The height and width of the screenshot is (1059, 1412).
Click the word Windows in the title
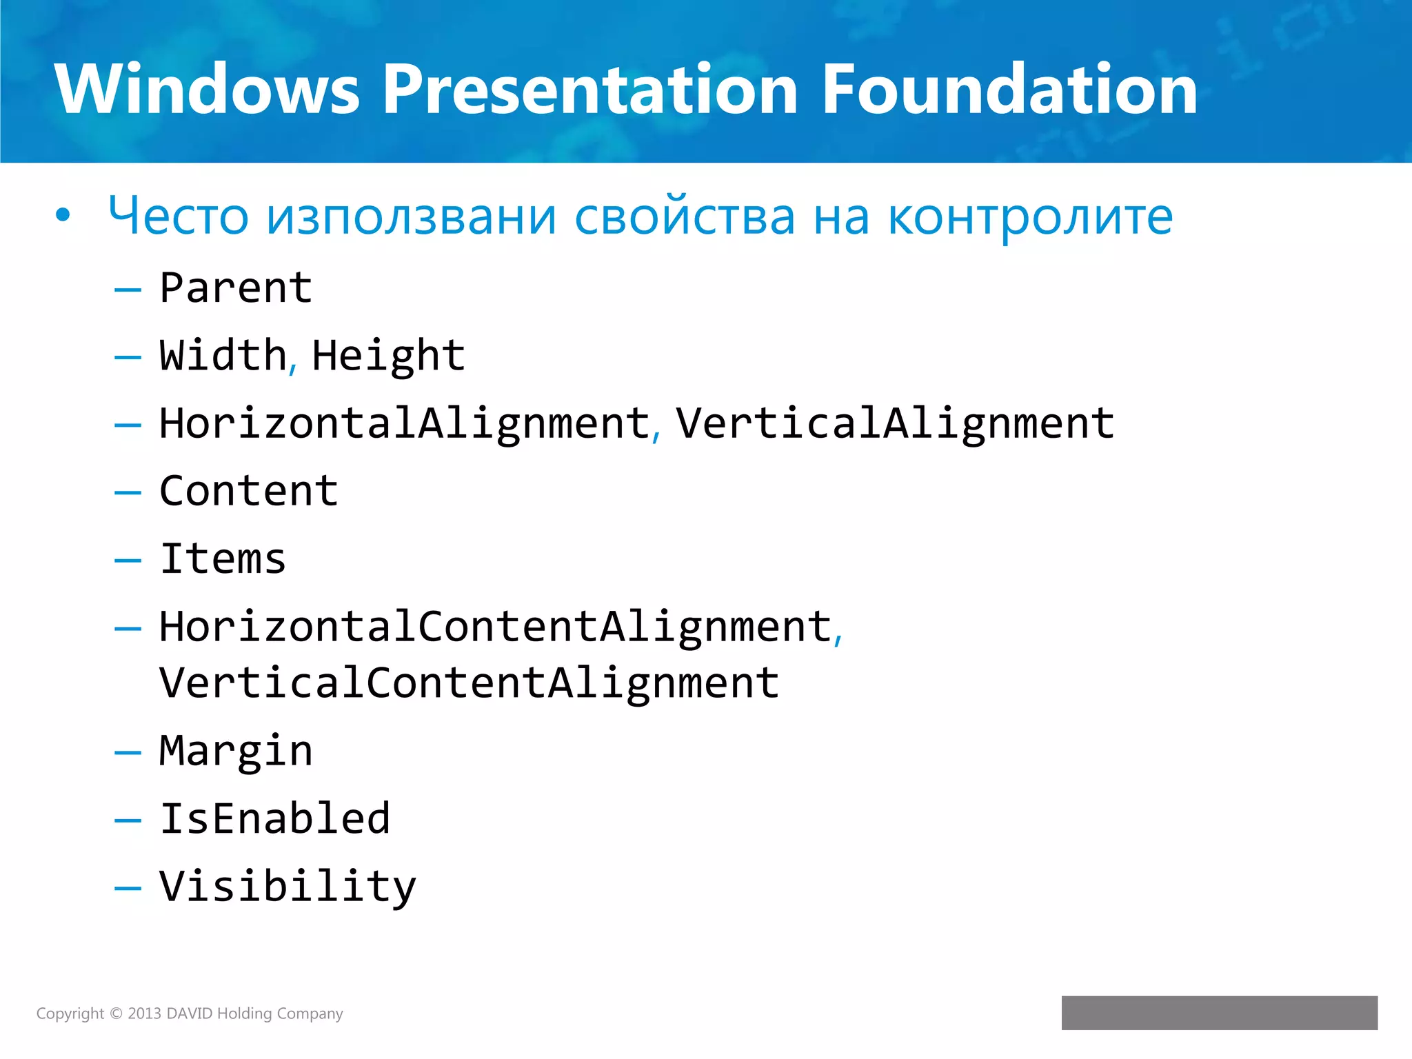pos(207,90)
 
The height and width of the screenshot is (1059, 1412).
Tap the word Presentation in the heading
pos(590,90)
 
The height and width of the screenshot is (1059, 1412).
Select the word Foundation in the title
pos(1009,90)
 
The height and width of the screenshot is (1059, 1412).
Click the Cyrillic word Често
pos(178,216)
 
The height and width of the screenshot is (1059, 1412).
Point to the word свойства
pos(685,216)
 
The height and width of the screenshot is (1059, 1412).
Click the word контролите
pos(1030,216)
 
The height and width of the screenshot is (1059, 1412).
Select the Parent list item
pos(236,288)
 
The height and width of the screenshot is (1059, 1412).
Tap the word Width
pos(223,355)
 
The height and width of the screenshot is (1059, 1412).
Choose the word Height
pos(389,356)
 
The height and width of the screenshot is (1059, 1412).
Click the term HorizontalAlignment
pos(405,423)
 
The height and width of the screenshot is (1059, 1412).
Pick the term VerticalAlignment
pos(894,423)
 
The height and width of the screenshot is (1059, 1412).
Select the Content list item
pos(249,491)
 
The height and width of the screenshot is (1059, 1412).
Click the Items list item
pos(223,558)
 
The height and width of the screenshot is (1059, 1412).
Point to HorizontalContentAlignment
pos(496,627)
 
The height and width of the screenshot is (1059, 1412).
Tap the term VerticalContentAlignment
pos(470,683)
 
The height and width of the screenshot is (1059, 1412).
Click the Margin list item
pos(236,751)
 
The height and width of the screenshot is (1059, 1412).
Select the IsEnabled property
pos(275,818)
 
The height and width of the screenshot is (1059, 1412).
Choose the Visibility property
pos(288,887)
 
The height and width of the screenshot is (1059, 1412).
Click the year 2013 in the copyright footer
pos(144,1013)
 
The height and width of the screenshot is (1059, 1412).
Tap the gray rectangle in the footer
pos(1219,1013)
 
